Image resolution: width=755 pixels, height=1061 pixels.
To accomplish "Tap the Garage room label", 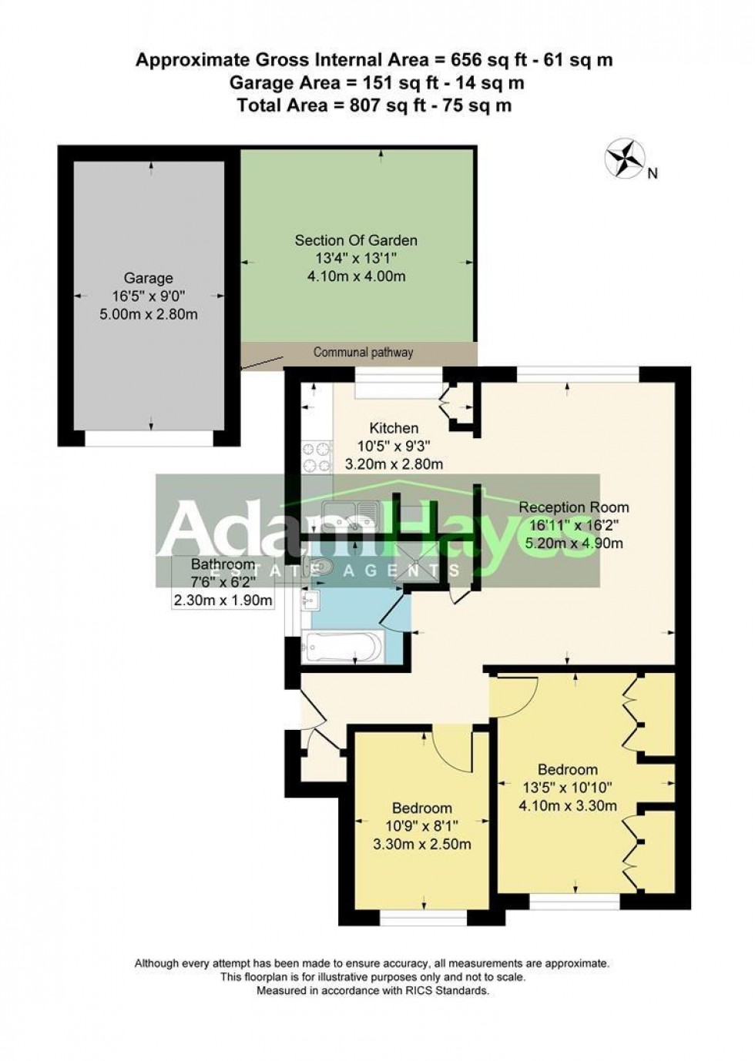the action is point(149,278).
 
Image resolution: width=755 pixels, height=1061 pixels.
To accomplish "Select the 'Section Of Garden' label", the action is point(356,241).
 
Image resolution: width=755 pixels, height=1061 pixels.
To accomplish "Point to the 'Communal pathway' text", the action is point(363,353).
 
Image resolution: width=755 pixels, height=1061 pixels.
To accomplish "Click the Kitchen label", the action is point(394,428).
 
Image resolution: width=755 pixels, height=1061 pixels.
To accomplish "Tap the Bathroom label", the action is point(223,564).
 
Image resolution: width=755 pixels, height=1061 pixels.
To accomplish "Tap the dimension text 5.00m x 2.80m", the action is point(149,314).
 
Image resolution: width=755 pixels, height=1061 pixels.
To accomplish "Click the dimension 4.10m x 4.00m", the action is point(357,276).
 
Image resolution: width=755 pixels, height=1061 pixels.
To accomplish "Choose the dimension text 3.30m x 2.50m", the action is point(422,844).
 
